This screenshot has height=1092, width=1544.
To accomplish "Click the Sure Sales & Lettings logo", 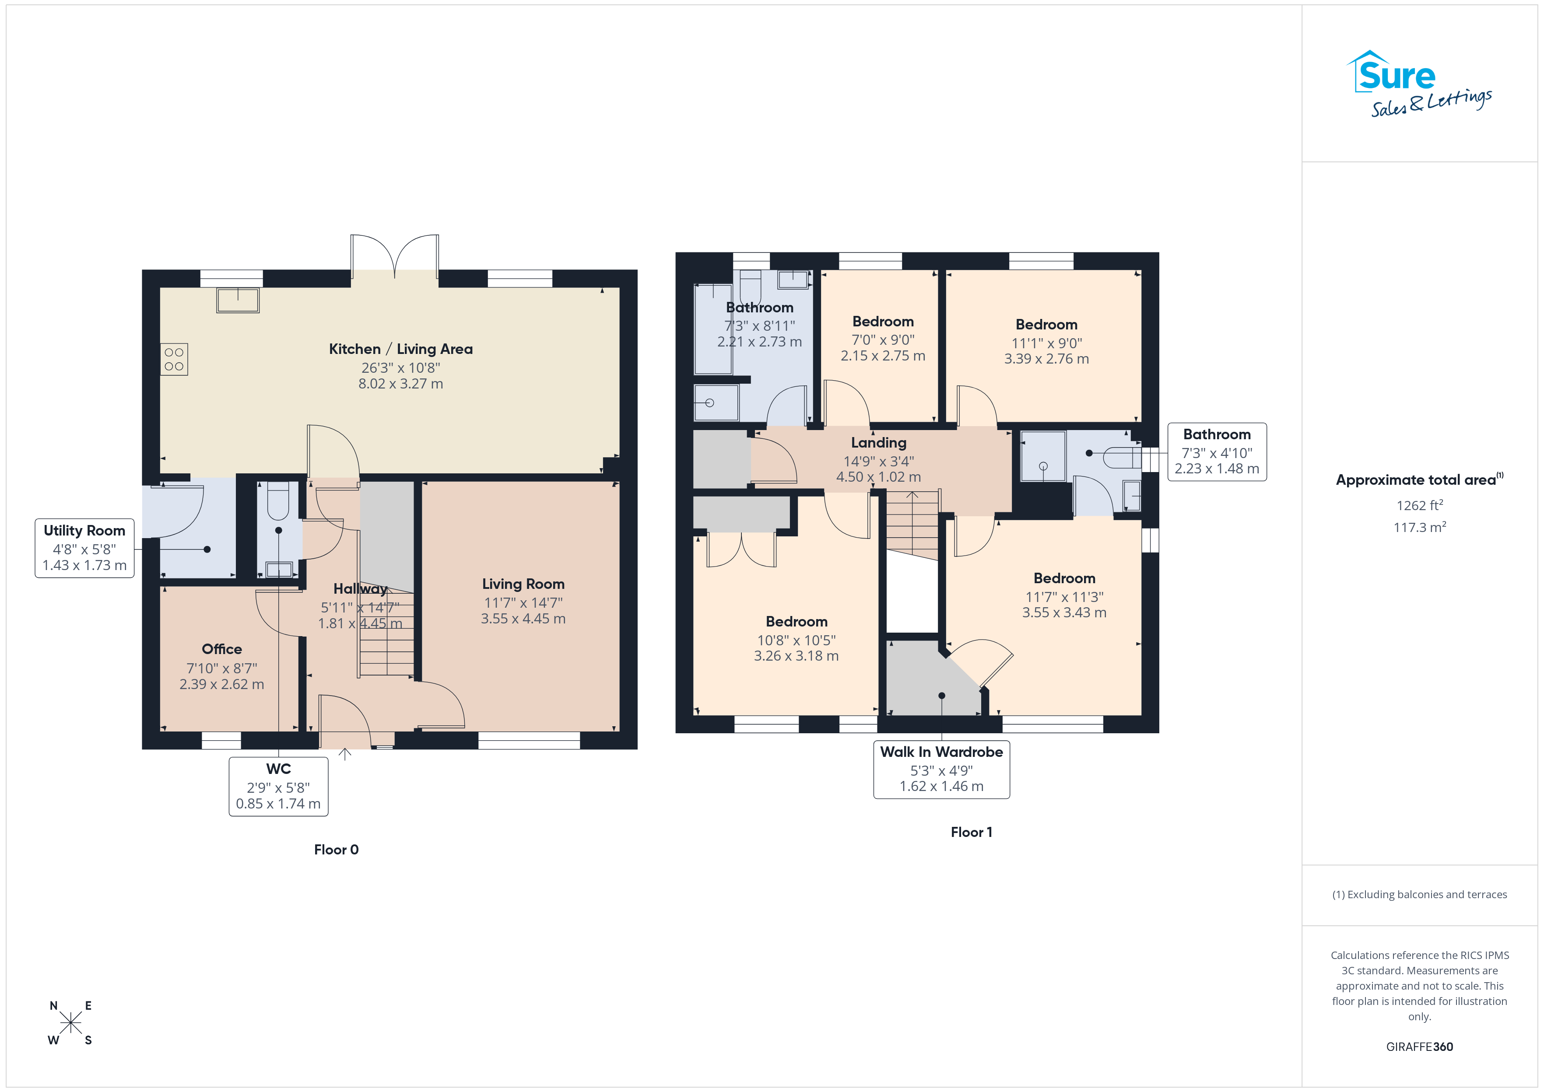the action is tap(1419, 84).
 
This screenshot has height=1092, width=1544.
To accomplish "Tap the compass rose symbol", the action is tap(70, 1023).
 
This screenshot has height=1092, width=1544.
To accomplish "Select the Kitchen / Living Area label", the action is tap(401, 349).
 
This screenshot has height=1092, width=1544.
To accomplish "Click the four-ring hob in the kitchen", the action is tap(174, 359).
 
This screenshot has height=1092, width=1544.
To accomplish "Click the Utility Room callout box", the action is tap(85, 548).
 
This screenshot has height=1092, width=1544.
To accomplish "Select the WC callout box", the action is tap(278, 786).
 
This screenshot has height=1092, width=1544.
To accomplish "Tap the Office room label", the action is tap(222, 649).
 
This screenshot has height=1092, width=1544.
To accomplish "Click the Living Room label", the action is tap(523, 584).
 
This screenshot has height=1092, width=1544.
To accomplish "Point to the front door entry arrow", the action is tap(345, 754).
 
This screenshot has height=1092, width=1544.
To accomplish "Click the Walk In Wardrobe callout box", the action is tap(941, 769).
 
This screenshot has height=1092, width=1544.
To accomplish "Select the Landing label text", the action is tap(879, 442).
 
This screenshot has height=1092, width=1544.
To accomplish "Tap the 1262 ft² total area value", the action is tap(1420, 505).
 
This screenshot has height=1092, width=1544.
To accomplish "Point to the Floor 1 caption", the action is tap(971, 832).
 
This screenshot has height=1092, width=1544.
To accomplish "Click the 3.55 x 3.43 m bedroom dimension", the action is tap(1064, 612).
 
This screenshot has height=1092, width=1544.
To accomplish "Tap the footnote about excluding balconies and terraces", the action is tap(1420, 894).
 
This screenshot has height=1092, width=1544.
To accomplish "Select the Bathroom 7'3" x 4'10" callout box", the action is tap(1217, 452).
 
